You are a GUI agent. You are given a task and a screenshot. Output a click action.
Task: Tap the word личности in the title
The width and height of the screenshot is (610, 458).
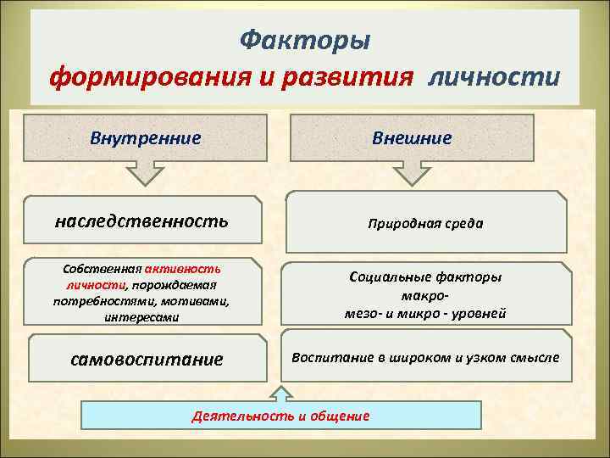495,78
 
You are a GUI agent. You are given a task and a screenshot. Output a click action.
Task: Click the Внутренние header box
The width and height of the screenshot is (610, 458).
146,137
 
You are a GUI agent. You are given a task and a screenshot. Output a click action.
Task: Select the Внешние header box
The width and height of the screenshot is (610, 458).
413,137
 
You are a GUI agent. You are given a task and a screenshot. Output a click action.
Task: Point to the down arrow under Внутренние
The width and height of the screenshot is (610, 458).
146,172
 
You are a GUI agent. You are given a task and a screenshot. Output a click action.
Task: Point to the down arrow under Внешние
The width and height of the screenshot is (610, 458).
413,172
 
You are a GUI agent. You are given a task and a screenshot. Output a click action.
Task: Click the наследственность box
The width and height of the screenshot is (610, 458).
141,221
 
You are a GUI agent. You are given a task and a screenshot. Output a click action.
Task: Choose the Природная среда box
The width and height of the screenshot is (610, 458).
426,224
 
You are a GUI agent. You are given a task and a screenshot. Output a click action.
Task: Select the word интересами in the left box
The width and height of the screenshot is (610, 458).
141,317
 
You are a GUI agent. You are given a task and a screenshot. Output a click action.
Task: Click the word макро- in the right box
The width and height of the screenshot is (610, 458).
425,295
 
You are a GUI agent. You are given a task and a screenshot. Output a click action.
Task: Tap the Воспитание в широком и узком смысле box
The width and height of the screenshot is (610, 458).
425,356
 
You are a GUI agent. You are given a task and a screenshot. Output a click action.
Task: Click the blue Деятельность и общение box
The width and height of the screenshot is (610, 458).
280,416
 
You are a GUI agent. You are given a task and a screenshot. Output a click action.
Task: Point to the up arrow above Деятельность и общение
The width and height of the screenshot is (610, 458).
280,391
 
